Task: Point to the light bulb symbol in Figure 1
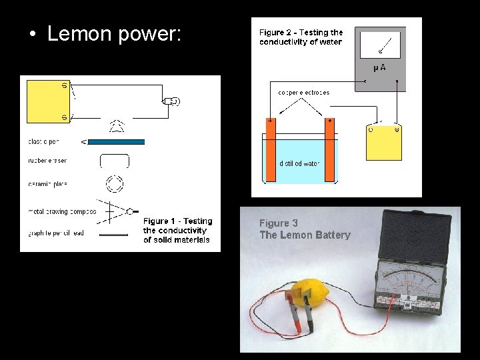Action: click(172, 101)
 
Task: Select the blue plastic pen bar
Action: click(116, 142)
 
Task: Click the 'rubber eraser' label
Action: click(47, 161)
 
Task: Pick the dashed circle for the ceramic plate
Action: click(115, 183)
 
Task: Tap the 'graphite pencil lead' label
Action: click(56, 234)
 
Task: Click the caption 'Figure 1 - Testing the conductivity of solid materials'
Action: click(177, 231)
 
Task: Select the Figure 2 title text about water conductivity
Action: click(301, 37)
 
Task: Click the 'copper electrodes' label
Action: click(303, 93)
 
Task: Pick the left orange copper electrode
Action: click(271, 149)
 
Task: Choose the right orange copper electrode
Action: click(329, 149)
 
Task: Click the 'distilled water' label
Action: click(299, 163)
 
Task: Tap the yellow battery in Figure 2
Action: click(384, 142)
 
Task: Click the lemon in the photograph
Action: click(319, 287)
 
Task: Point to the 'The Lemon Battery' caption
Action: click(305, 235)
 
